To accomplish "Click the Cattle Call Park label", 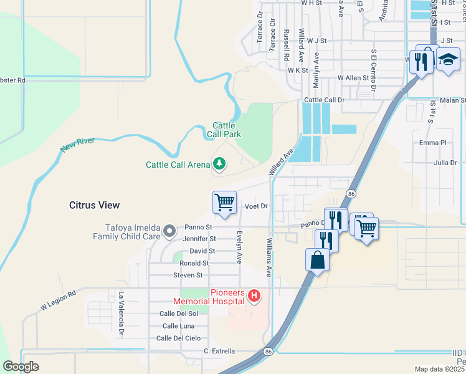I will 224,130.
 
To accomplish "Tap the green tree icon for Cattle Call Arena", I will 219,164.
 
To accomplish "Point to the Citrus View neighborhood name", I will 94,205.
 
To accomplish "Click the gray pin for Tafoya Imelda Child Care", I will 169,233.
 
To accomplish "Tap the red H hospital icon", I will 254,295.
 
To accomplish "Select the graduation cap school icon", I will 447,60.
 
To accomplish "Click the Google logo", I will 21,367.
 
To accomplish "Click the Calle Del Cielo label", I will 178,338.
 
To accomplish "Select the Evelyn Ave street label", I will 239,247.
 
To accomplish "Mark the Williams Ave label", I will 269,256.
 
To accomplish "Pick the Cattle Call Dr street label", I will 324,100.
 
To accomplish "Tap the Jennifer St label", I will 199,239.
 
